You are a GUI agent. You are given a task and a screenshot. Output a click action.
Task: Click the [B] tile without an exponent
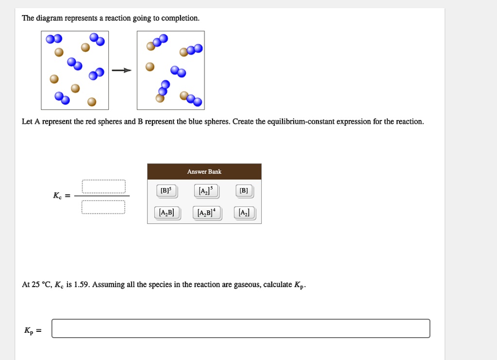(x=244, y=191)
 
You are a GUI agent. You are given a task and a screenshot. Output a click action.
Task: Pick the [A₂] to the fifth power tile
(x=206, y=191)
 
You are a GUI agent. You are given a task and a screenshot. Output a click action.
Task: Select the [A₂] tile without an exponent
(x=244, y=212)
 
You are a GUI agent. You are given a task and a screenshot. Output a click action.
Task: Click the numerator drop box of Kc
(x=103, y=186)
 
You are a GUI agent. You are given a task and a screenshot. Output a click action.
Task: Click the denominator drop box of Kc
(x=103, y=207)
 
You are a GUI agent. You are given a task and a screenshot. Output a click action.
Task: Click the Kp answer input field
(x=241, y=328)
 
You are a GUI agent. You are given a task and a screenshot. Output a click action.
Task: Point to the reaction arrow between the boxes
(x=122, y=70)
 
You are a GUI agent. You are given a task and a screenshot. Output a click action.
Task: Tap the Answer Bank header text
(x=204, y=171)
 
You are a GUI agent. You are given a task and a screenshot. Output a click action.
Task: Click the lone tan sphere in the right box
(x=150, y=67)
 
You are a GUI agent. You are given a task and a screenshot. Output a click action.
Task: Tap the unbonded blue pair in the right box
(x=178, y=71)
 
